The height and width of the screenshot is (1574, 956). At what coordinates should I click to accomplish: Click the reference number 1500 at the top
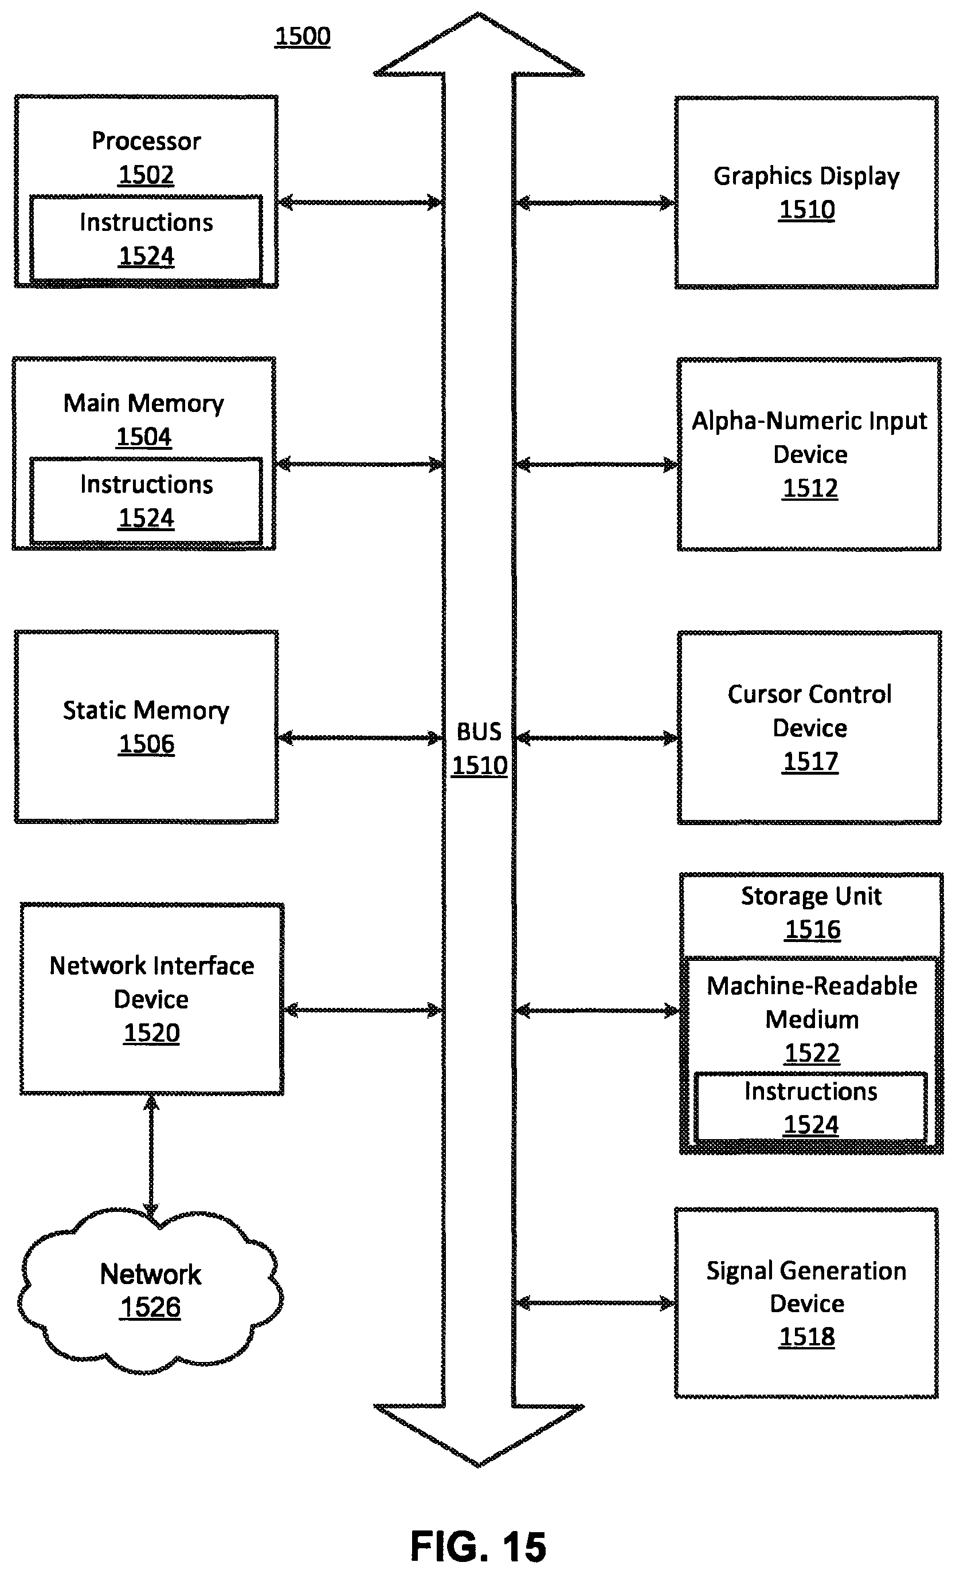pos(302,37)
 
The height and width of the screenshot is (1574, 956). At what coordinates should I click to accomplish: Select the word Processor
pos(146,140)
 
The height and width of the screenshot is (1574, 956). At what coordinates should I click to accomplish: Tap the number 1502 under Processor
pos(146,174)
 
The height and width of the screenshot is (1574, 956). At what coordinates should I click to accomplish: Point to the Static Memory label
pos(146,711)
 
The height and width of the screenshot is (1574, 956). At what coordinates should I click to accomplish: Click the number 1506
pos(146,744)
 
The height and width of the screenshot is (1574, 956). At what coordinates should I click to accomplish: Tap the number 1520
pos(151,1033)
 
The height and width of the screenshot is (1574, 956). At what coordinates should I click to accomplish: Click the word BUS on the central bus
pos(479,732)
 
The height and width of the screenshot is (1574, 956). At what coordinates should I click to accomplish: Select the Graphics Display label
pos(806,176)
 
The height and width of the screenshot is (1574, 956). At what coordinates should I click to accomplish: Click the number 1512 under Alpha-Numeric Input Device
pos(810,488)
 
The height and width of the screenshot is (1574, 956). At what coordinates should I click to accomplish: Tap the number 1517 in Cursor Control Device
pos(810,762)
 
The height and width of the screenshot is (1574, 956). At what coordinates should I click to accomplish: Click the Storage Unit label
pos(812,896)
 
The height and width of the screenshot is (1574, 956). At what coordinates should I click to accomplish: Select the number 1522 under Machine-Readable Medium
pos(812,1053)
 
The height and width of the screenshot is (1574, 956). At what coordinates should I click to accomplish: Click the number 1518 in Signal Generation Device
pos(806,1336)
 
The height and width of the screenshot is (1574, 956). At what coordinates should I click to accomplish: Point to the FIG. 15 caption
pos(478,1547)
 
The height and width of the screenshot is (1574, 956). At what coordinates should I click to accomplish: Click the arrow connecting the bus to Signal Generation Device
pos(595,1302)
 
